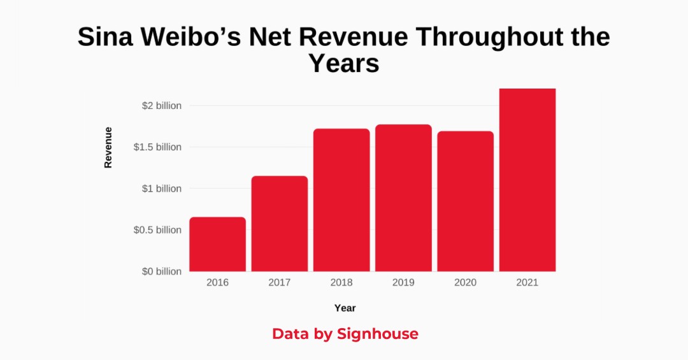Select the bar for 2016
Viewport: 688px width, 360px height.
(217, 244)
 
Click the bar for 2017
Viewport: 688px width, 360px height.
(280, 224)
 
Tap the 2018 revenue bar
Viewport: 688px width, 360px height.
(341, 200)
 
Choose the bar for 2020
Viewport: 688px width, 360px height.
(465, 201)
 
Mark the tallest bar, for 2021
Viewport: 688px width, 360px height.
(527, 180)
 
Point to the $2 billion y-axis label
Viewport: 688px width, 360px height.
(162, 106)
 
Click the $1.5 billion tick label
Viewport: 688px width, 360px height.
(157, 147)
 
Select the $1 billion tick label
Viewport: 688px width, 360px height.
(162, 189)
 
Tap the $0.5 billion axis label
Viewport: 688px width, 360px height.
(157, 230)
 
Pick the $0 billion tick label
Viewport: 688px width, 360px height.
(162, 271)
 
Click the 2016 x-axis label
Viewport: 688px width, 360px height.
(217, 282)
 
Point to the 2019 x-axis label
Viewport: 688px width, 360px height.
(403, 282)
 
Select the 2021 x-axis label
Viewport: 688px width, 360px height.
(527, 282)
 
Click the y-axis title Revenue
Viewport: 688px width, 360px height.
(108, 147)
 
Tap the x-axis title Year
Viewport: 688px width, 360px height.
(345, 308)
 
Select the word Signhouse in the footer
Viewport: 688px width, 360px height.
(378, 334)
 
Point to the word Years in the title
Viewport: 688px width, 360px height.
(344, 64)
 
